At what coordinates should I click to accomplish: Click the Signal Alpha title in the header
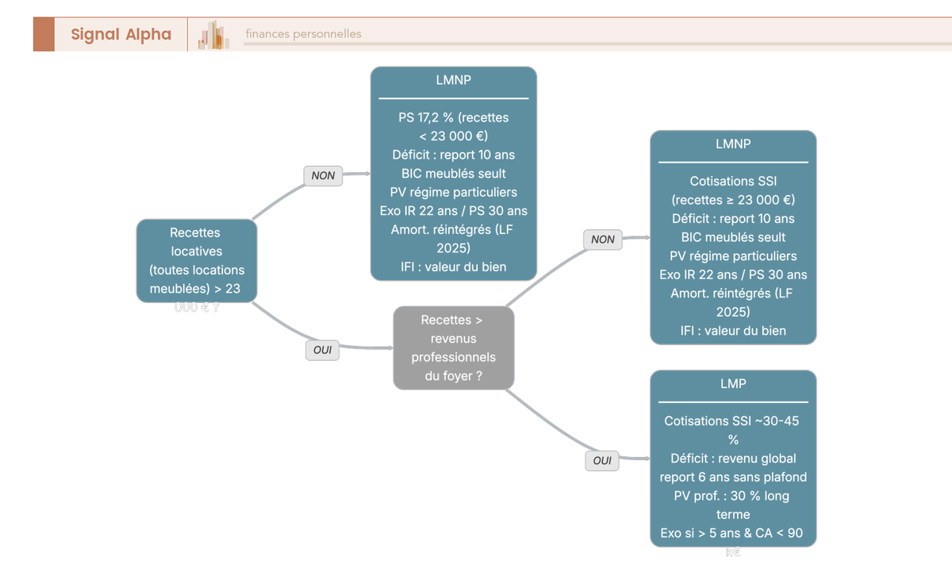click(121, 34)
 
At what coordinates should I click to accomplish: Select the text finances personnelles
click(303, 34)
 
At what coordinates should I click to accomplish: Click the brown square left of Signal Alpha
click(44, 34)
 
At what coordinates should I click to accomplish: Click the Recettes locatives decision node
click(197, 261)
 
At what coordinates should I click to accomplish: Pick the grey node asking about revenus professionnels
click(453, 348)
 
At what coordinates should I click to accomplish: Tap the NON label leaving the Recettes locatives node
click(323, 175)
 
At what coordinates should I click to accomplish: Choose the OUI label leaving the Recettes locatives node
click(322, 349)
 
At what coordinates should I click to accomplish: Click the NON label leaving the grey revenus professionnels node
click(603, 239)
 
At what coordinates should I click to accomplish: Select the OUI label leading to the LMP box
click(602, 460)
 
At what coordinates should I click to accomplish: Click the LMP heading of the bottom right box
click(732, 384)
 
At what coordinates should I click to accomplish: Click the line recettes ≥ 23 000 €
click(733, 200)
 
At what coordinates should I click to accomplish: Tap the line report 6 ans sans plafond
click(733, 477)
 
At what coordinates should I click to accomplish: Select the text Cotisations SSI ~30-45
click(731, 421)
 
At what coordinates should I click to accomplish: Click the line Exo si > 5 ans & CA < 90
click(731, 533)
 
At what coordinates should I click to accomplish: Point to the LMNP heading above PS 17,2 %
click(453, 80)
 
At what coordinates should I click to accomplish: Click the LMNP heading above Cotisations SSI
click(732, 144)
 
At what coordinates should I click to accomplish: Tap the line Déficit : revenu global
click(733, 459)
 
